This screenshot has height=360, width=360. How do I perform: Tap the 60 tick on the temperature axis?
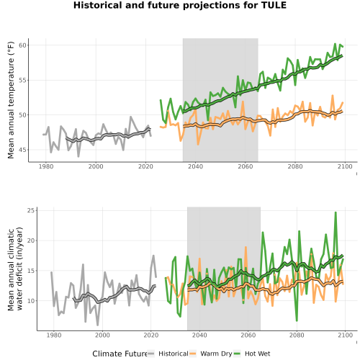pyautogui.click(x=23, y=45)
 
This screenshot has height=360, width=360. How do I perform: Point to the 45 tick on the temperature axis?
pyautogui.click(x=23, y=150)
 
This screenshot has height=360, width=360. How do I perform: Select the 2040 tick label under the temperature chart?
pyautogui.click(x=195, y=166)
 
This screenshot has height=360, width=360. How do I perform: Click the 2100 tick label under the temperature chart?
pyautogui.click(x=345, y=166)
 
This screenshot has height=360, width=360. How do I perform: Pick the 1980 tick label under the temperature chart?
pyautogui.click(x=46, y=166)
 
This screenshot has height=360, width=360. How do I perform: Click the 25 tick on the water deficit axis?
pyautogui.click(x=31, y=210)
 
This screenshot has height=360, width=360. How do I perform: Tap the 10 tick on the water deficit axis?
pyautogui.click(x=31, y=301)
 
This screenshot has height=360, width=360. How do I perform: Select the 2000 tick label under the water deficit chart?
pyautogui.click(x=102, y=335)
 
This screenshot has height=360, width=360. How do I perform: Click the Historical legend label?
pyautogui.click(x=174, y=354)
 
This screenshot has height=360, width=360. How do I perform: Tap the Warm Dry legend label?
pyautogui.click(x=216, y=354)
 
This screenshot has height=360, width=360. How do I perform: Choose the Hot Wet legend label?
pyautogui.click(x=258, y=354)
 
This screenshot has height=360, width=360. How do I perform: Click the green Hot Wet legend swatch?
pyautogui.click(x=237, y=354)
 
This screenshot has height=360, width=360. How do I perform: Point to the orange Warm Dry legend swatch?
pyautogui.click(x=193, y=354)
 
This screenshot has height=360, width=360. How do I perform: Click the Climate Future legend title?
pyautogui.click(x=120, y=354)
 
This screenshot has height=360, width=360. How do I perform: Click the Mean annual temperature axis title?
pyautogui.click(x=11, y=100)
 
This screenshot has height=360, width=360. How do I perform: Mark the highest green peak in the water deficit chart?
pyautogui.click(x=336, y=212)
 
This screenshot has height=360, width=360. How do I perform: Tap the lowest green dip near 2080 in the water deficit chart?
pyautogui.click(x=297, y=320)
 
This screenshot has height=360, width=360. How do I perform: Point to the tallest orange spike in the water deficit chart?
pyautogui.click(x=246, y=247)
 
